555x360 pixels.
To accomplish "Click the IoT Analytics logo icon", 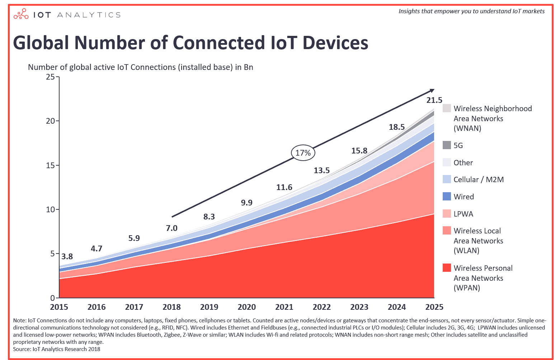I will (21, 14).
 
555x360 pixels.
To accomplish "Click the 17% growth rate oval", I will (303, 153).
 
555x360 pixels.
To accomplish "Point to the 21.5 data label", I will (434, 100).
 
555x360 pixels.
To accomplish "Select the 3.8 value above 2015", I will (67, 256).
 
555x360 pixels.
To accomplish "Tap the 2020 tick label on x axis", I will (246, 307).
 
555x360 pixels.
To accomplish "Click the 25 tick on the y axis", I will (51, 77).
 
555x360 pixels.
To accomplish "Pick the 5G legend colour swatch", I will (447, 145).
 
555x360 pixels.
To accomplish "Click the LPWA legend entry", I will (463, 214).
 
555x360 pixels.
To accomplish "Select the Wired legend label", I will (464, 197).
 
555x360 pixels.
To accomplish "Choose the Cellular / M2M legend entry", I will (478, 180).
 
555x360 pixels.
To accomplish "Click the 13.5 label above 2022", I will (321, 171).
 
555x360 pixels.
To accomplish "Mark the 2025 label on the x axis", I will (434, 307).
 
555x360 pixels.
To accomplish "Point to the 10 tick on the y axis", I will (51, 209).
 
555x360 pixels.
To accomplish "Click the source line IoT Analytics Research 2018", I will (57, 349).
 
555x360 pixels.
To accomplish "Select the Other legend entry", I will (463, 163).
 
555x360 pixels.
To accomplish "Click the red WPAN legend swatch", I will (447, 268).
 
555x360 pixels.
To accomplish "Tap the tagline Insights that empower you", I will (471, 11).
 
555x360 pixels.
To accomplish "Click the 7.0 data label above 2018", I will (171, 228).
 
